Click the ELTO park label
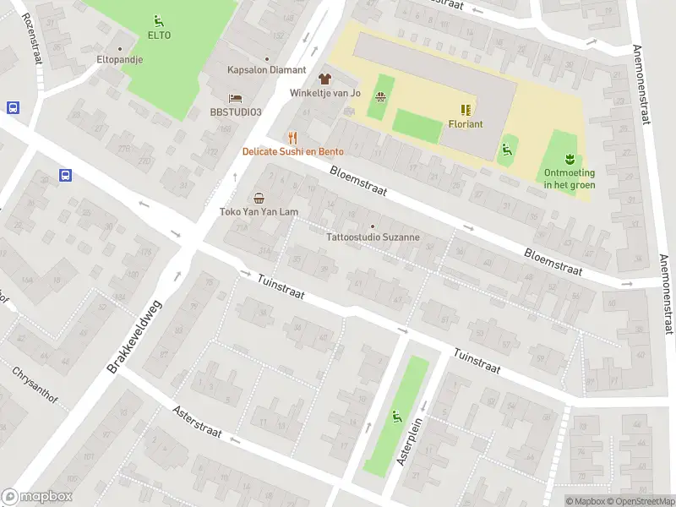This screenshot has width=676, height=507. point(159,35)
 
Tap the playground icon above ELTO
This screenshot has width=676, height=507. point(159,20)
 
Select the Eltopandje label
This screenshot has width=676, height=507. point(119,60)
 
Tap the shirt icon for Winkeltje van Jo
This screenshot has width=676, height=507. point(325,78)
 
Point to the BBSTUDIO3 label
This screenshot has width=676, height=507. point(237,112)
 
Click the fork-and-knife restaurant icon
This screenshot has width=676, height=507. point(292,137)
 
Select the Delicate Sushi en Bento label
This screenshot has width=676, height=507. point(292,152)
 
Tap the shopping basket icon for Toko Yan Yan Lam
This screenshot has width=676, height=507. point(259,198)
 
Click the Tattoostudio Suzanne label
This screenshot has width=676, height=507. point(373,237)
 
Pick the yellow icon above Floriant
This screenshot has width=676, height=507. point(466,109)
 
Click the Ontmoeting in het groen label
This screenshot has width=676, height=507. point(569,179)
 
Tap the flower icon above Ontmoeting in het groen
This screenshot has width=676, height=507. point(570,158)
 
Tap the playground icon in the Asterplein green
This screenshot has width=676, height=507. point(396,415)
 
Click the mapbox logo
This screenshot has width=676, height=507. point(37,497)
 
